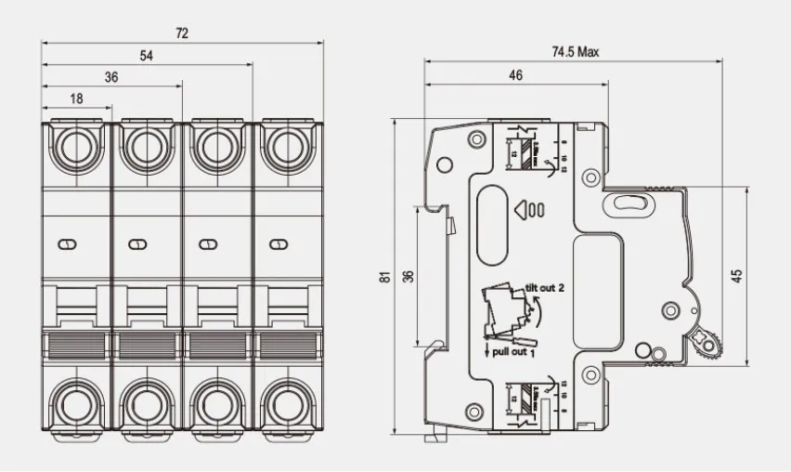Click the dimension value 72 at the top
click(x=182, y=33)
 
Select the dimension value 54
click(x=147, y=56)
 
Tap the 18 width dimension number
click(x=77, y=98)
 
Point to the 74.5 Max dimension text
click(x=576, y=52)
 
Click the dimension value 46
click(x=516, y=76)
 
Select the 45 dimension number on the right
click(x=737, y=276)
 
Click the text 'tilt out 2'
click(x=546, y=288)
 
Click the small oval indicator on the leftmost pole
click(x=66, y=244)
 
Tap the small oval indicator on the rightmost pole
click(x=275, y=244)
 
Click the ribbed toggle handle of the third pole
click(x=216, y=344)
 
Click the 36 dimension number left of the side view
click(x=405, y=276)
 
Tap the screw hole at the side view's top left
click(x=476, y=139)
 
